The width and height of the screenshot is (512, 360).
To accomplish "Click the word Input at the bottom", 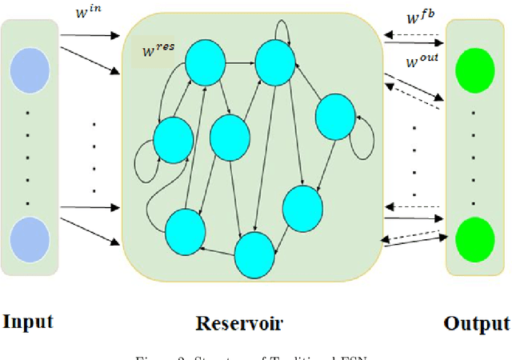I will pyautogui.click(x=28, y=322).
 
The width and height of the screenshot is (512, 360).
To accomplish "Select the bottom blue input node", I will pyautogui.click(x=30, y=237).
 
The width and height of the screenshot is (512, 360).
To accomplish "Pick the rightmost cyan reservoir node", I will pyautogui.click(x=335, y=117).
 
